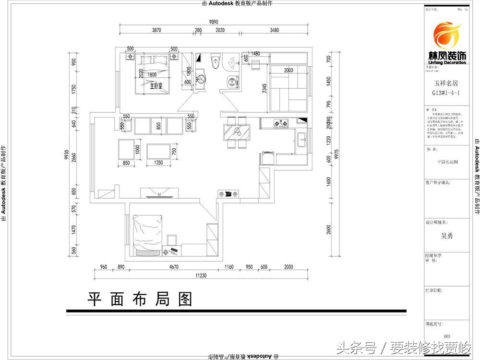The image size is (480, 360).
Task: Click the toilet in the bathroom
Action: pos(215,61)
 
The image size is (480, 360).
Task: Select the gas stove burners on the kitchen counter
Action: pos(280,124)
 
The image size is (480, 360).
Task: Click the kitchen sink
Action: pos(302,140)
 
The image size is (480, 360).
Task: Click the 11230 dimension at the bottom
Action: pos(201,276)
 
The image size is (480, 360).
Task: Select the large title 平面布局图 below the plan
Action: pos(140,299)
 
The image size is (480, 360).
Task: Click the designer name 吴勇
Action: pos(446,236)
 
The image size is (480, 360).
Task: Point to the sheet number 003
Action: pos(447,336)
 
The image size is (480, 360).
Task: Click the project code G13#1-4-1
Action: pos(446,93)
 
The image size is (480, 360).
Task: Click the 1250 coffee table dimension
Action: pos(158,163)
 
